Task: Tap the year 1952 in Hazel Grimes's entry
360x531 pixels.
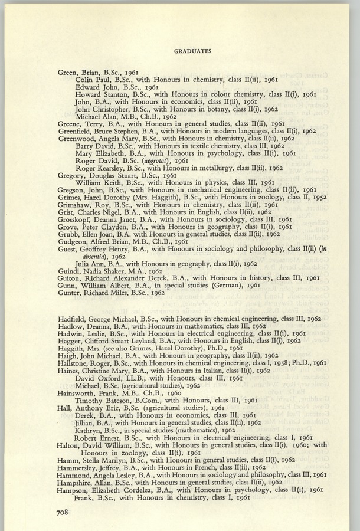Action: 316,197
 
